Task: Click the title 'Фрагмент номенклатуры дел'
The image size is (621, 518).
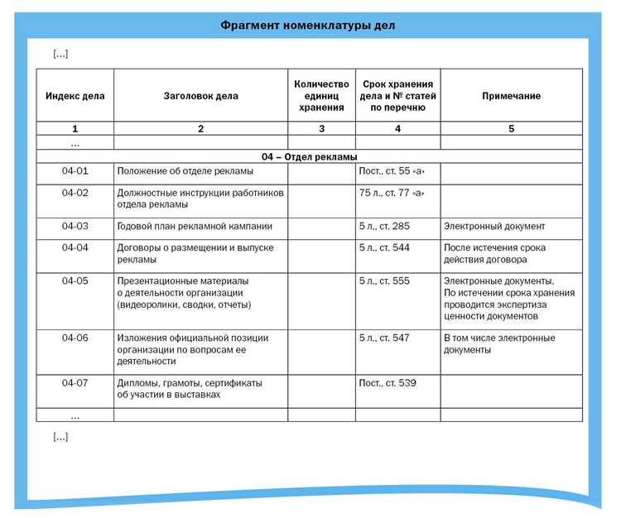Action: click(x=308, y=26)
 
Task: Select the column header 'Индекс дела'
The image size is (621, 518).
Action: click(x=75, y=96)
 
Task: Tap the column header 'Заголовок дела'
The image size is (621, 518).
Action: click(x=200, y=96)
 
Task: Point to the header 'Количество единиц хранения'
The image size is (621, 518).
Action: click(x=321, y=96)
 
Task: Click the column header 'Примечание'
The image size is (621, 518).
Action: click(x=511, y=96)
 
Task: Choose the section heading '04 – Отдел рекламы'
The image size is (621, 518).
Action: click(x=309, y=156)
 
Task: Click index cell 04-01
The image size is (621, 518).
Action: click(x=75, y=171)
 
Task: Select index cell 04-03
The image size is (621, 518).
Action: click(x=75, y=226)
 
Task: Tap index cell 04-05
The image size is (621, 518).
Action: click(x=75, y=281)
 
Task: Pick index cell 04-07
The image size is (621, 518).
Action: click(x=75, y=383)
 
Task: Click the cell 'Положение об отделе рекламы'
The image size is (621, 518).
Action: click(x=185, y=171)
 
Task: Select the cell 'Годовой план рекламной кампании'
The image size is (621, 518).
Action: click(x=195, y=226)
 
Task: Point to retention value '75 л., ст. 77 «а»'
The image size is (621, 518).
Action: click(x=392, y=193)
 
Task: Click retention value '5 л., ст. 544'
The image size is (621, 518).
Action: click(x=384, y=247)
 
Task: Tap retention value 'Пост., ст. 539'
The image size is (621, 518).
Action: click(x=388, y=383)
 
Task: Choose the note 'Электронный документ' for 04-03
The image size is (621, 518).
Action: click(x=494, y=226)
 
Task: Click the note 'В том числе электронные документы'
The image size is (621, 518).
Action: click(x=499, y=343)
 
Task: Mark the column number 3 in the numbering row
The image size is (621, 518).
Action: click(x=321, y=129)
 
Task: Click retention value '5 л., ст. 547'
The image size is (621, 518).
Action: click(x=384, y=338)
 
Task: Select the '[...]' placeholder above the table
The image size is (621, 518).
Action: click(x=60, y=54)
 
